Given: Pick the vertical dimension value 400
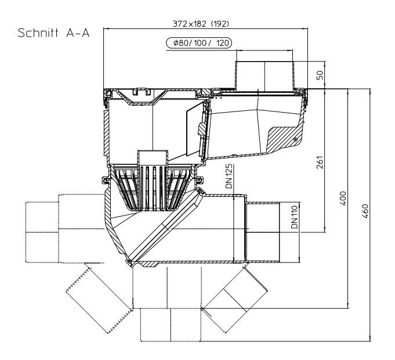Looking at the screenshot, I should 343,197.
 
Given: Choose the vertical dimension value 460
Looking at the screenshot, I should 365,210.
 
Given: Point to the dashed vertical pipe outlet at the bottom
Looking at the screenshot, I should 168,316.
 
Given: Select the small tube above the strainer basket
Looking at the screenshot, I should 152,159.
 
